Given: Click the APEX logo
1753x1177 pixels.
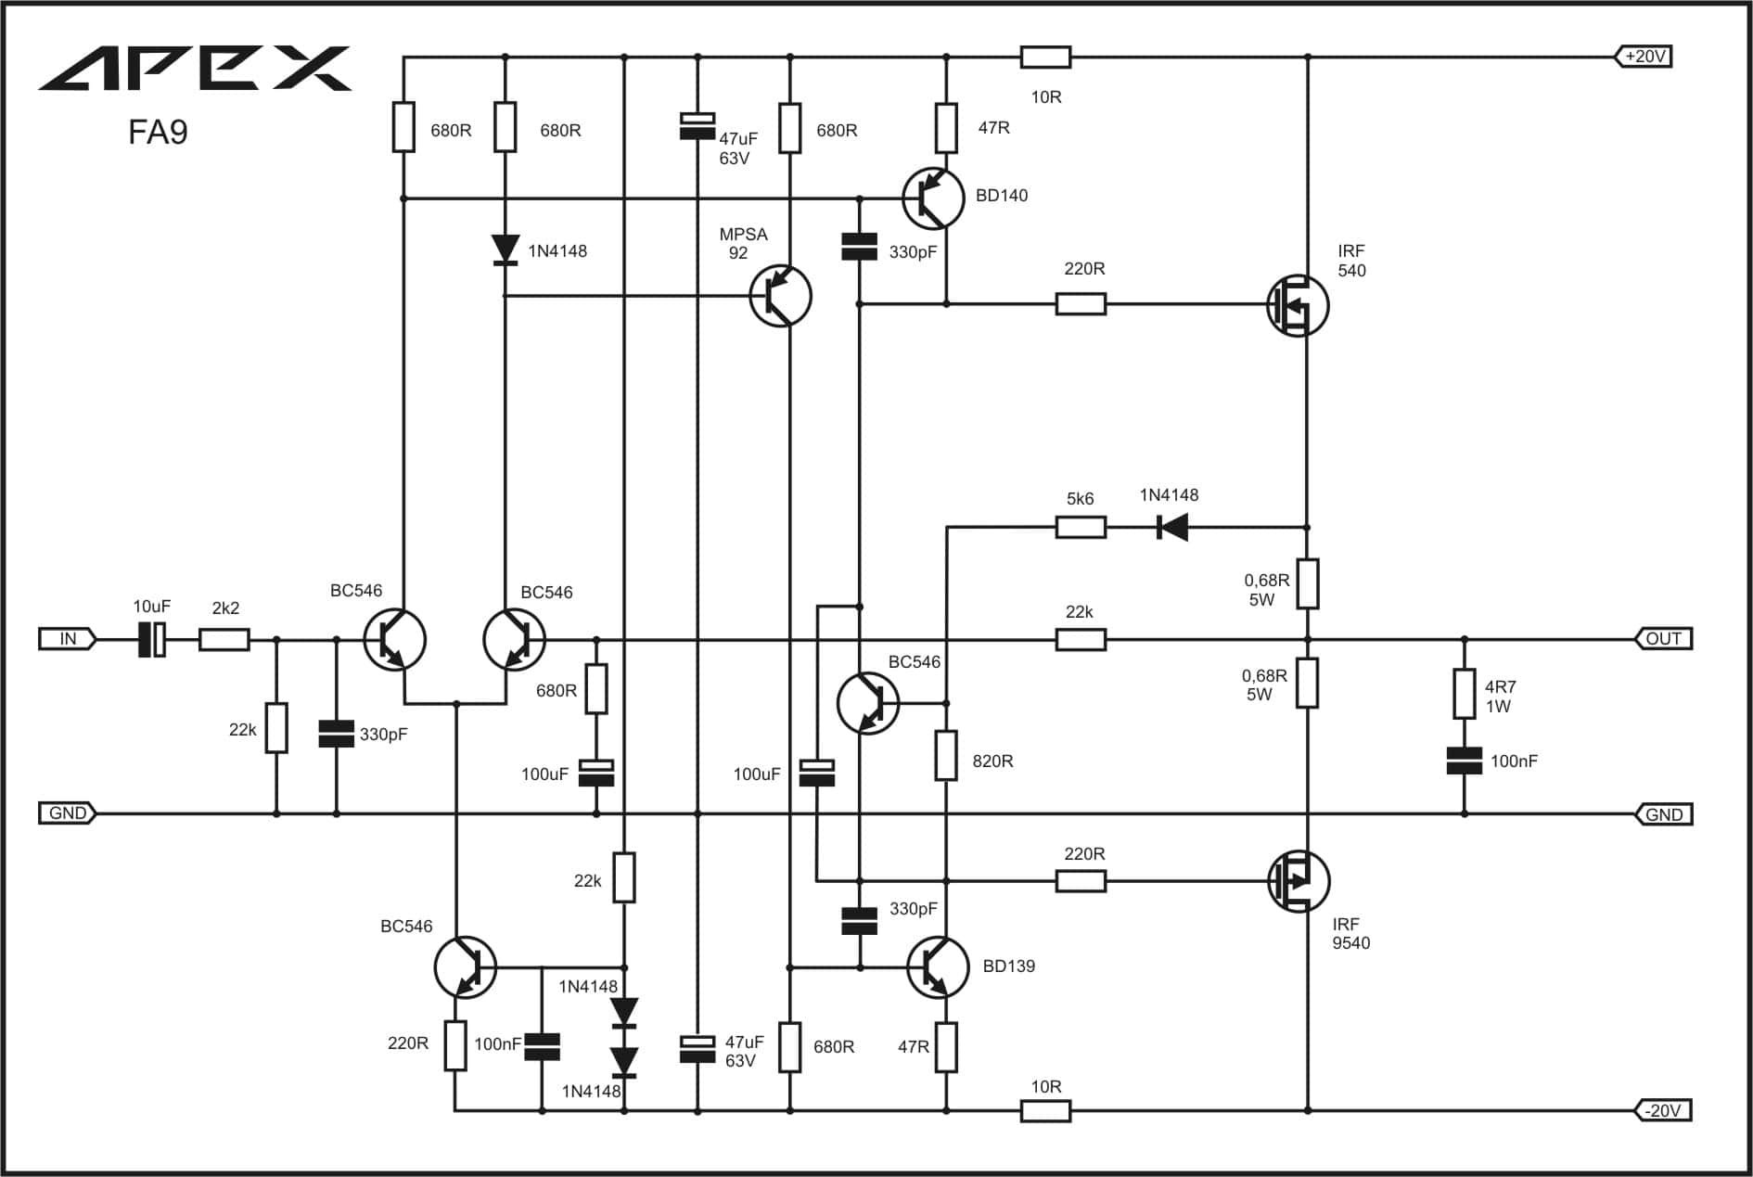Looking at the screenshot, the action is (x=195, y=69).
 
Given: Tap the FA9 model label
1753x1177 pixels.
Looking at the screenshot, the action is (x=158, y=132).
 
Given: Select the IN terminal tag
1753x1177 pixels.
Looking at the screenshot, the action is (x=68, y=638).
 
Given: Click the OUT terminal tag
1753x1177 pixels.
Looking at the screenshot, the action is (x=1663, y=638).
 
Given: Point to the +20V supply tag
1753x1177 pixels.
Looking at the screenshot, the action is (x=1644, y=57).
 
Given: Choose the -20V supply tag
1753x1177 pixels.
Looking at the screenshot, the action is (x=1662, y=1110).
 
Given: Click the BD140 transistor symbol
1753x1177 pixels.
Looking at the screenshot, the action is (x=933, y=198).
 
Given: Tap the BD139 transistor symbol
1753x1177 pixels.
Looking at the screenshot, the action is (x=938, y=967).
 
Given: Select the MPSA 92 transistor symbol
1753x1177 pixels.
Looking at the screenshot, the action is (x=780, y=296).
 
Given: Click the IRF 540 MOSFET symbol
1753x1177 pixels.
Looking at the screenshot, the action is (x=1298, y=305).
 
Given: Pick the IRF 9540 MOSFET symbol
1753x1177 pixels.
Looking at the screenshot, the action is (x=1299, y=881).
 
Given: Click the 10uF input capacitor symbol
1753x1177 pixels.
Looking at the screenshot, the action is (x=152, y=639).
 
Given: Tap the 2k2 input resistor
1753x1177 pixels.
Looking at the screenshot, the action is (x=224, y=639).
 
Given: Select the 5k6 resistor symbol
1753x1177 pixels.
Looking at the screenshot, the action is (x=1081, y=528).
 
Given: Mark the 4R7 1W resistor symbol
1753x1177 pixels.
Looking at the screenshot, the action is (x=1465, y=694).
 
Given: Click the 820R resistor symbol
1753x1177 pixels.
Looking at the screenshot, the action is (x=946, y=755).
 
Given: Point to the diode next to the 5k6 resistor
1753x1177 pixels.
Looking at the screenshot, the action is (x=1172, y=528).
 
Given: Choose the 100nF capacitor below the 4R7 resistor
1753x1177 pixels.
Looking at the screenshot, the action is (x=1465, y=761).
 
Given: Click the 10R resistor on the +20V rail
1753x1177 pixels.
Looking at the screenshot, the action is (x=1045, y=58).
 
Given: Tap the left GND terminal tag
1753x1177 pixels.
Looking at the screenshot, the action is (x=68, y=813).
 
